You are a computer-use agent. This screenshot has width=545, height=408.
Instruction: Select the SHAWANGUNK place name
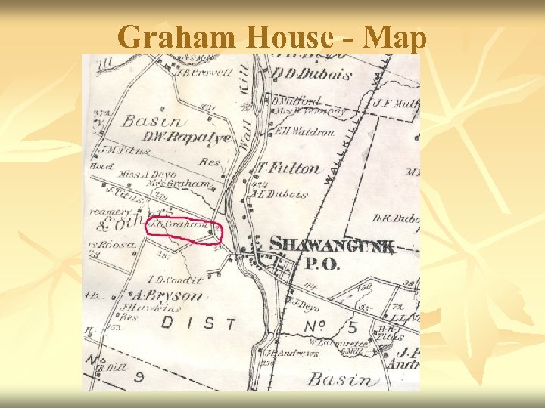click(332, 245)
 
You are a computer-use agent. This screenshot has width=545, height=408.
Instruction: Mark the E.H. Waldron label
click(304, 131)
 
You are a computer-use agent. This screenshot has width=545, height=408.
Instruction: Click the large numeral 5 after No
click(353, 327)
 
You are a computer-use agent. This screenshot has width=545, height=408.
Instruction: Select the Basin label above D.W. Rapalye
click(152, 121)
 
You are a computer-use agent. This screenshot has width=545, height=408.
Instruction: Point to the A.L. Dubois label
click(282, 193)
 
